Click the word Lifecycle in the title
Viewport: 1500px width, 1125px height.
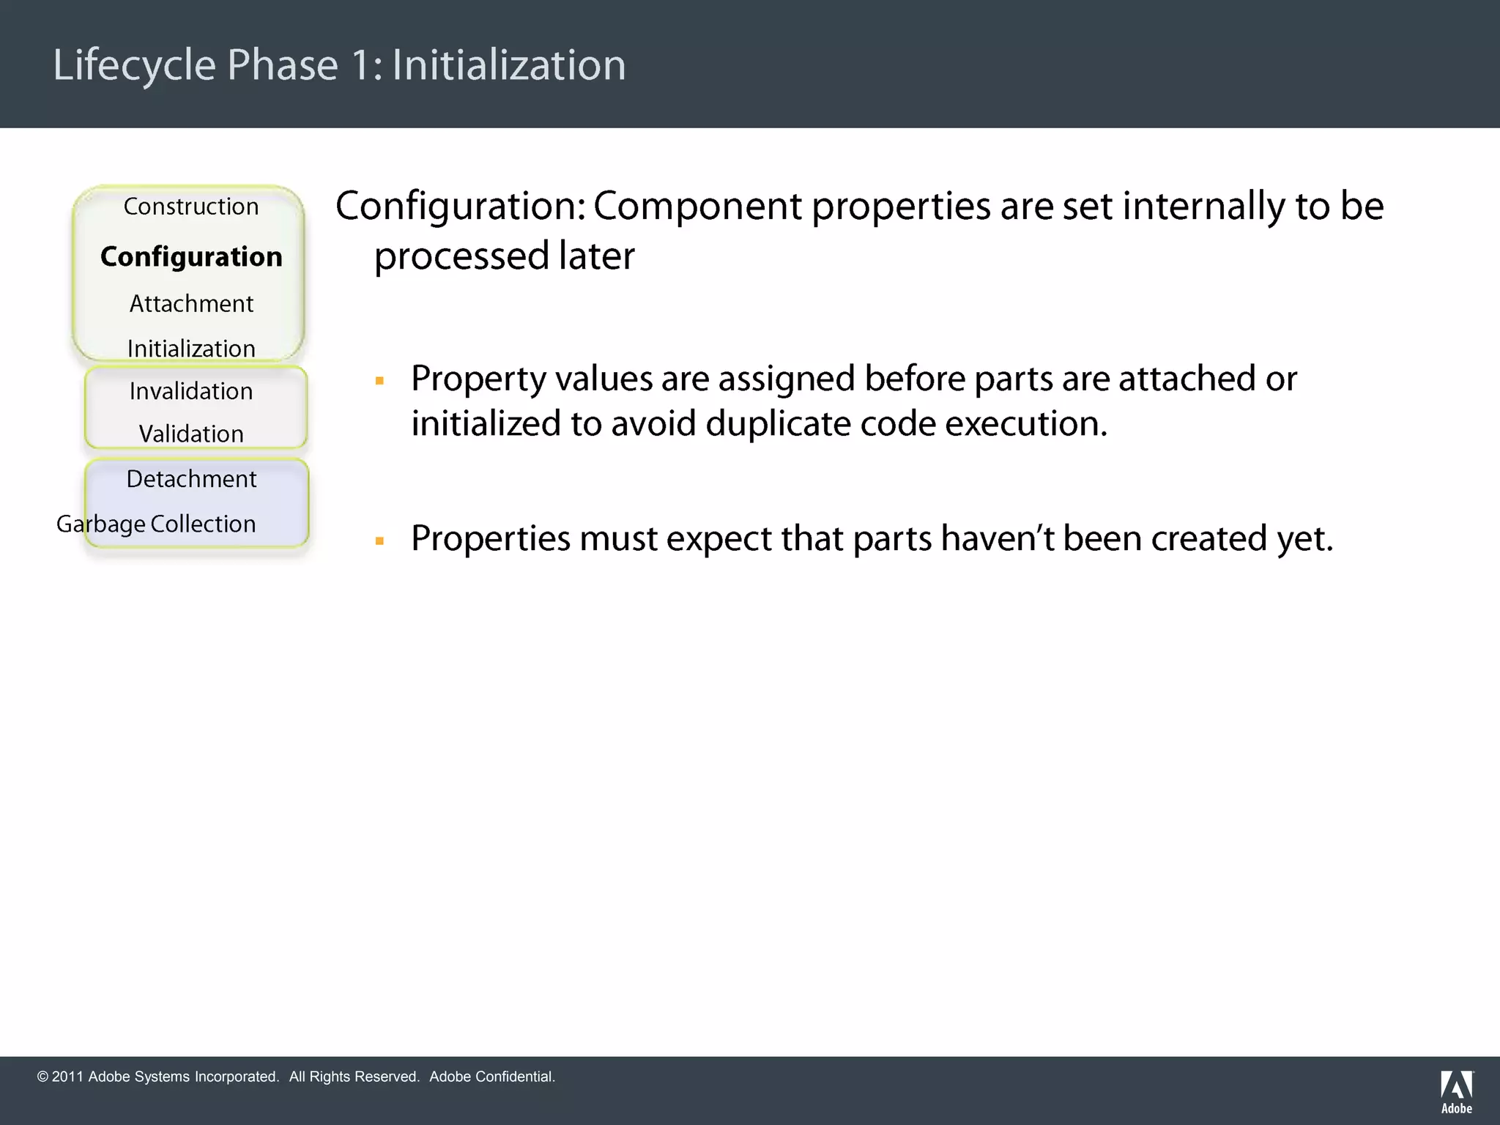click(134, 65)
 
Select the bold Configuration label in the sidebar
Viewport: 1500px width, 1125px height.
click(191, 256)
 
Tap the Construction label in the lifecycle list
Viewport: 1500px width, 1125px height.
click(191, 207)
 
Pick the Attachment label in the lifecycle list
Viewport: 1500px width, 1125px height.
click(191, 303)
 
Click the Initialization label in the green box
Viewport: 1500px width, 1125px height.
click(191, 349)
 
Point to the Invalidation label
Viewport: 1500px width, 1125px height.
click(191, 391)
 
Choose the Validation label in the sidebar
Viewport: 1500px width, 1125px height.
click(191, 434)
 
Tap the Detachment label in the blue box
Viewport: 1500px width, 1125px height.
click(191, 479)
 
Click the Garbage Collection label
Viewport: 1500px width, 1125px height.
click(156, 524)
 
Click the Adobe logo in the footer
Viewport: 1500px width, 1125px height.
click(1456, 1091)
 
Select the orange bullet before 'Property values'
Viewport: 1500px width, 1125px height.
click(379, 381)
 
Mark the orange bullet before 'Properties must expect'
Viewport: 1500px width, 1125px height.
click(379, 541)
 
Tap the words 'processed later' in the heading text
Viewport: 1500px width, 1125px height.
click(504, 256)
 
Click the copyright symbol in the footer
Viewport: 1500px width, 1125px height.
click(42, 1077)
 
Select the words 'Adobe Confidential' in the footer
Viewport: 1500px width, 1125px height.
click(491, 1077)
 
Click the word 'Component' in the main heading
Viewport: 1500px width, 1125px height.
click(697, 207)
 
